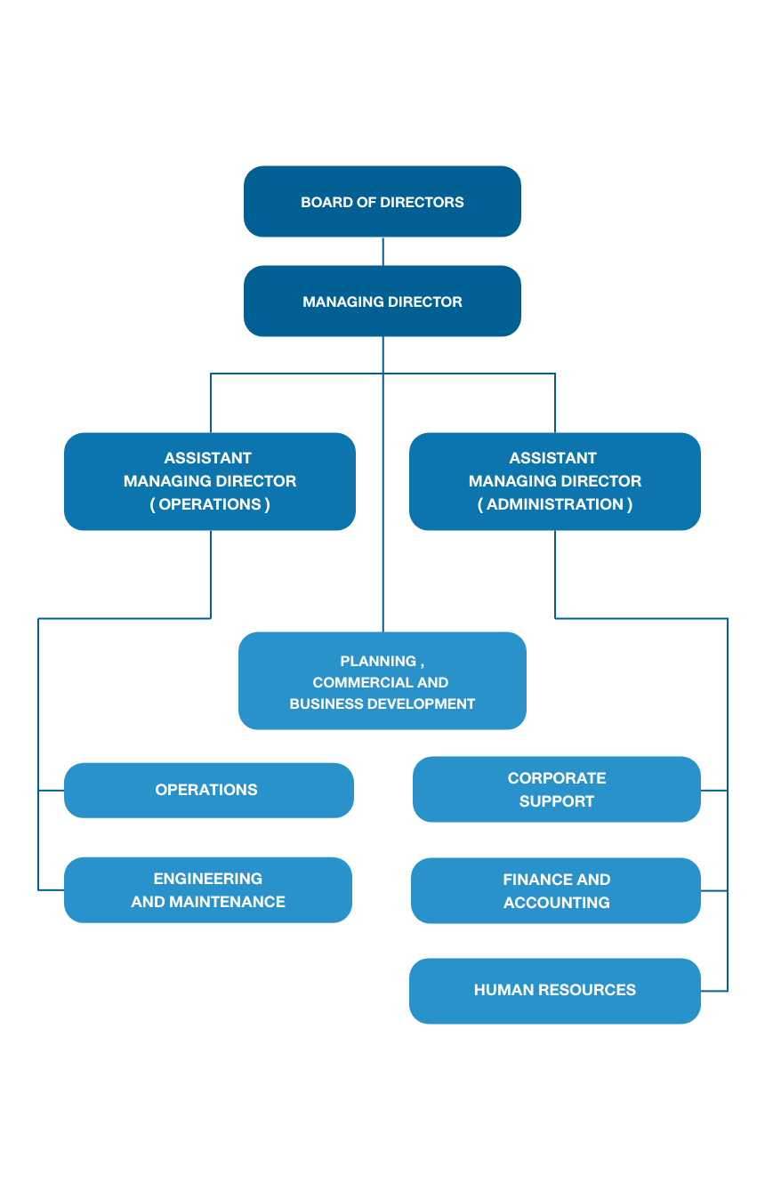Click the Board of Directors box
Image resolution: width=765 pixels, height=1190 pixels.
pos(382,201)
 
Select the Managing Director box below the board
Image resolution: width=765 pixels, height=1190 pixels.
pos(382,302)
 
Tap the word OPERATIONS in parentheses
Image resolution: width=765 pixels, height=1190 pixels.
pos(210,504)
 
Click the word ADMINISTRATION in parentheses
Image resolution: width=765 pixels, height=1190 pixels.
pos(555,504)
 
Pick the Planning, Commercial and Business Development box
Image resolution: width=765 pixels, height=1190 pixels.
pos(382,680)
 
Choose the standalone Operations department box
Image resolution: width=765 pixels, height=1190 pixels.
pos(209,790)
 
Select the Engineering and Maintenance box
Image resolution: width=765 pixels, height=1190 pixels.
pos(208,890)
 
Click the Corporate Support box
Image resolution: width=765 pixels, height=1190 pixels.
pos(556,789)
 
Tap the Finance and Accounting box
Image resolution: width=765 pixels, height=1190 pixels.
pos(556,890)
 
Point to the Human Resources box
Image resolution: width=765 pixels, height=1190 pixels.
pos(555,991)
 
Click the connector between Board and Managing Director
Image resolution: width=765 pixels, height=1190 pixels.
pos(383,252)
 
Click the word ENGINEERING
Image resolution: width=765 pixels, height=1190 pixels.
pos(208,879)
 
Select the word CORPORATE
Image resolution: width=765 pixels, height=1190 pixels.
pos(557,777)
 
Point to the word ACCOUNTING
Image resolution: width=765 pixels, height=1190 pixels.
pos(557,902)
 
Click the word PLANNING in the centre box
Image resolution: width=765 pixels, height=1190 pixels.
pos(378,661)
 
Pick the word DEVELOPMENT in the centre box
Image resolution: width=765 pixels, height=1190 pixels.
pos(423,704)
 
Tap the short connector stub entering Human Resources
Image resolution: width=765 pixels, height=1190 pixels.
pos(714,991)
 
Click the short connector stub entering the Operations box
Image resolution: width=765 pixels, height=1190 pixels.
pos(51,791)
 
